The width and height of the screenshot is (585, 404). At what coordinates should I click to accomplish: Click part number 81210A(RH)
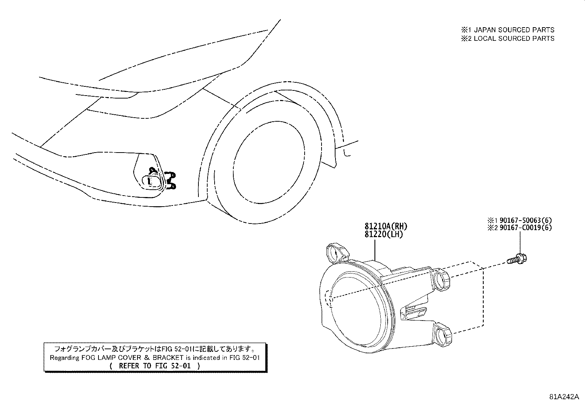[386, 226]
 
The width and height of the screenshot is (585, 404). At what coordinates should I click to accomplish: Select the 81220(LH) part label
[384, 235]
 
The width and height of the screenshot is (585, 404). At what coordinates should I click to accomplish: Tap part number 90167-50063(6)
[525, 220]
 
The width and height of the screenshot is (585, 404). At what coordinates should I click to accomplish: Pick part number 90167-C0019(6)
[525, 228]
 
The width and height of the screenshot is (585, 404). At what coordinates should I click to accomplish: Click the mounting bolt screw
[517, 259]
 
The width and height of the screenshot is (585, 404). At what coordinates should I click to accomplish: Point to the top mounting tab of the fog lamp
[337, 253]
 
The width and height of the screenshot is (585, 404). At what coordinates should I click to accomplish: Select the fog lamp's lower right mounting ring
[443, 335]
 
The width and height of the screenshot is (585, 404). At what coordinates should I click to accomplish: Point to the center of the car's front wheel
[269, 162]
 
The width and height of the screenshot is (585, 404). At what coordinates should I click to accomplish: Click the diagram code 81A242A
[564, 397]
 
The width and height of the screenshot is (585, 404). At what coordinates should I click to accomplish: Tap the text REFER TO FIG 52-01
[155, 366]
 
